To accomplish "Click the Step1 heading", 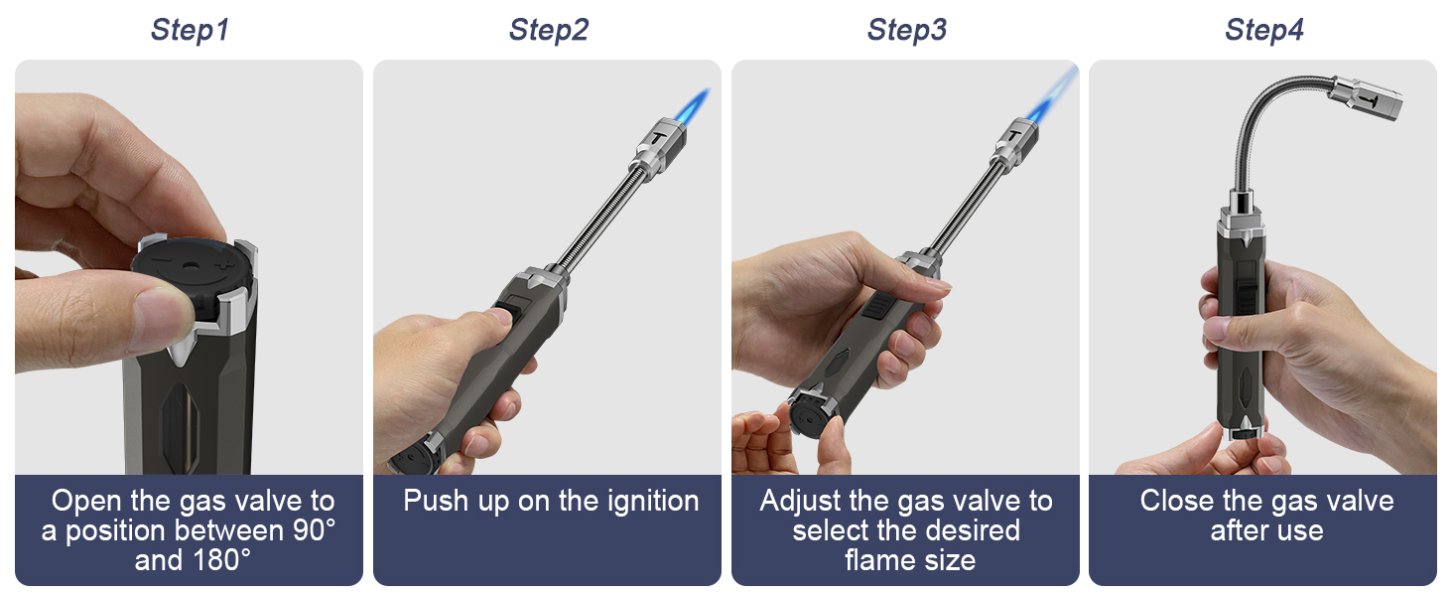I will tap(190, 30).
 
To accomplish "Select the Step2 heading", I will tap(548, 30).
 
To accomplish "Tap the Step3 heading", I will tap(906, 30).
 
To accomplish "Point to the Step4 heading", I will tap(1263, 30).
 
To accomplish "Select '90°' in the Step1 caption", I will tap(310, 530).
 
